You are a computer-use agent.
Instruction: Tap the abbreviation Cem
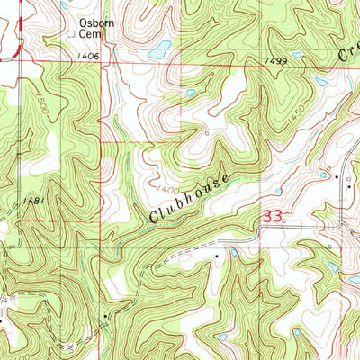[91, 35]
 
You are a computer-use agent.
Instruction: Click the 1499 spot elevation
[278, 60]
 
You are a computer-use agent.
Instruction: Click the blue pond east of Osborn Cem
[157, 53]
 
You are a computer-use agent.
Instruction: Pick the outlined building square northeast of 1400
[206, 134]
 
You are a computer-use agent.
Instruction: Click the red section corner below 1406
[101, 141]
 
